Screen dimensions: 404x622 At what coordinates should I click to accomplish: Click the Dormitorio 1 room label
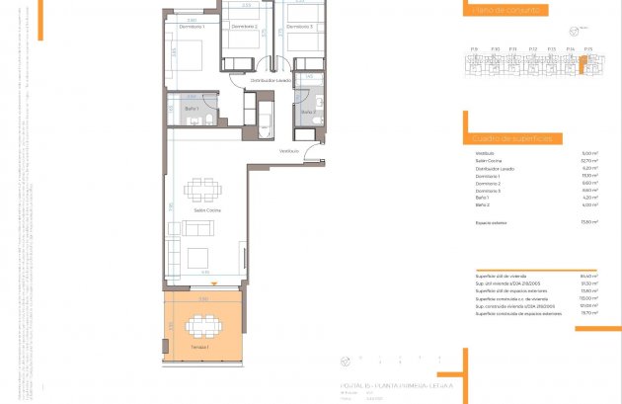191,27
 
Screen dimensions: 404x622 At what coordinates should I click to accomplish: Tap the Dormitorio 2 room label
244,27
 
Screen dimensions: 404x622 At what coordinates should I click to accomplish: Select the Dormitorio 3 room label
301,27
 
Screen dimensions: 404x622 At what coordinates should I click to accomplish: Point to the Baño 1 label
189,108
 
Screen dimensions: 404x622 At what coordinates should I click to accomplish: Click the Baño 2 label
307,113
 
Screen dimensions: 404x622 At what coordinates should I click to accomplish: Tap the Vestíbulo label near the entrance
288,151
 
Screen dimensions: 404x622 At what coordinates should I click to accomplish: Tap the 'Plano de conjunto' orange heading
505,11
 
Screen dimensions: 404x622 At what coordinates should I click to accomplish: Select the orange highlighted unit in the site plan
583,67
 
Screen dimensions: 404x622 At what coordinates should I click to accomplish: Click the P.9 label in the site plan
475,48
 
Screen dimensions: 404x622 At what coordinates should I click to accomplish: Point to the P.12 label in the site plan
532,48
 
